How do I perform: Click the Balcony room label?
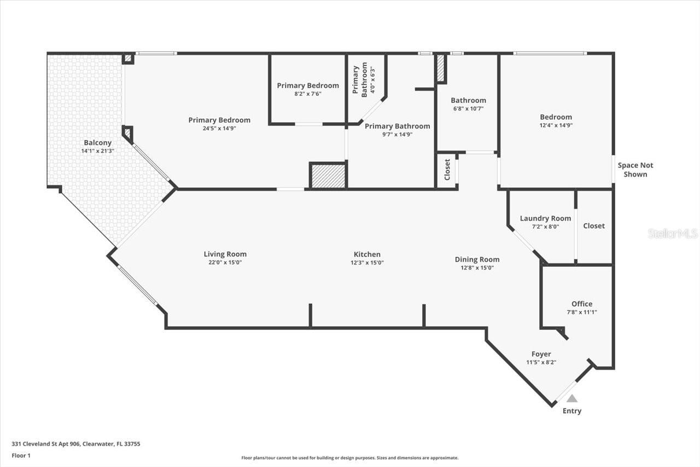(x=97, y=143)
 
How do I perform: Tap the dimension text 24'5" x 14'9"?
(x=219, y=129)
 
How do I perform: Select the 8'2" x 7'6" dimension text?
(x=307, y=94)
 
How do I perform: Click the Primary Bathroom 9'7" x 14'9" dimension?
(x=397, y=134)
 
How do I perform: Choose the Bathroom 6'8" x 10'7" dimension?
(x=468, y=108)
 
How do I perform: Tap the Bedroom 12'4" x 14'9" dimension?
(x=556, y=125)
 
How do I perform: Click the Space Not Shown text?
(x=635, y=170)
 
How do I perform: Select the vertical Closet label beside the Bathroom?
(x=447, y=170)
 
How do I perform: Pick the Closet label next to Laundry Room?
(x=594, y=226)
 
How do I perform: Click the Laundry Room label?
(x=545, y=218)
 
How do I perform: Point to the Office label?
(x=582, y=304)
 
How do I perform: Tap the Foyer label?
(x=541, y=354)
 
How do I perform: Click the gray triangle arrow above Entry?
(x=571, y=399)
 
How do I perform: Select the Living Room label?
(x=225, y=254)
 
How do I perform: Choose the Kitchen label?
(x=367, y=254)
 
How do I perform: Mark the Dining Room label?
(x=477, y=260)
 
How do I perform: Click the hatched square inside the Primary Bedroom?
(x=328, y=176)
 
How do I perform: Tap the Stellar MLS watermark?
(x=673, y=233)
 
